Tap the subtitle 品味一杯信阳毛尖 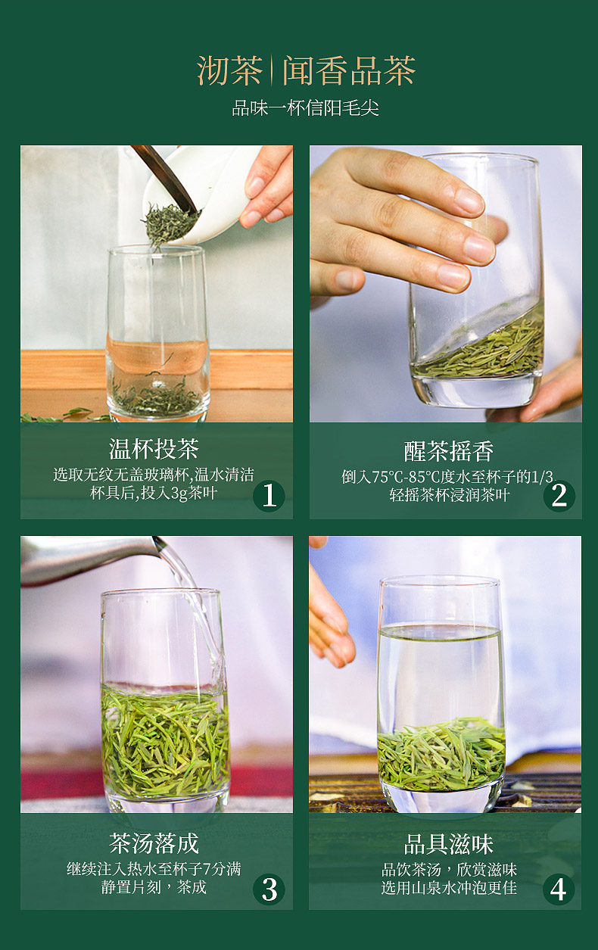tap(305, 108)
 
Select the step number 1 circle tap(269, 495)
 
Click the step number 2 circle tap(559, 495)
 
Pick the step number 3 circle tap(269, 889)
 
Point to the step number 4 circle tap(559, 889)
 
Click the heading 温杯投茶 tap(154, 449)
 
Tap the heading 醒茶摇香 tap(449, 451)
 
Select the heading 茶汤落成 tap(154, 843)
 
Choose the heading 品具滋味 tap(449, 844)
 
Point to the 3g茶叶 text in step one tap(194, 494)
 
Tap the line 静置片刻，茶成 tap(154, 887)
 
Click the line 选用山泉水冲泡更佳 tap(449, 888)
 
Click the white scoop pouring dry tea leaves tap(199, 195)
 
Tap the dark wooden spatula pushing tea tap(166, 178)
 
